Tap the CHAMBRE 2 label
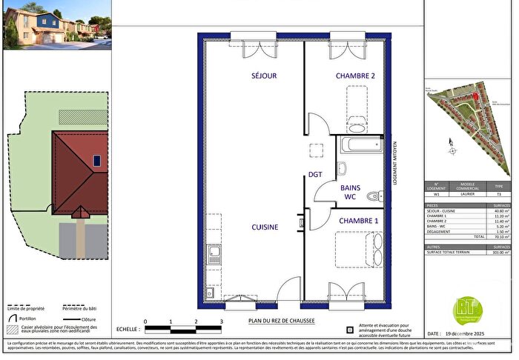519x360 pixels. tap(355, 76)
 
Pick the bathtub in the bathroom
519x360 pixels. tap(360, 145)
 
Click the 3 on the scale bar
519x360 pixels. tap(222, 321)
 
